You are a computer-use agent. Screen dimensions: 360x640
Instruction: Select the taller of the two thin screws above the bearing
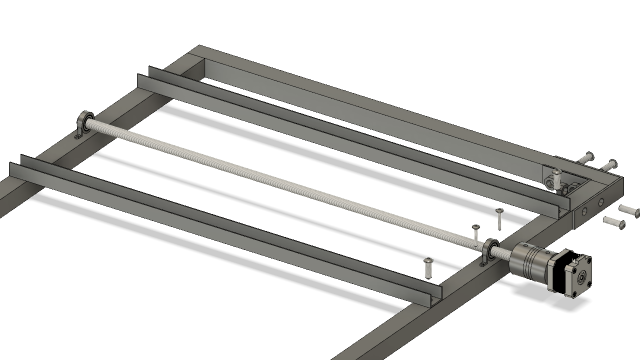click(x=499, y=218)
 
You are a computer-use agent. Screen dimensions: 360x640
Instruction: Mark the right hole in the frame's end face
click(x=600, y=201)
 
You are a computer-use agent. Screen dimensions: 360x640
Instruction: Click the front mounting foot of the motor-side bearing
click(x=483, y=263)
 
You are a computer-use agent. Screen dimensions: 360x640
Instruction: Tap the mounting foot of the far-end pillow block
click(x=79, y=135)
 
